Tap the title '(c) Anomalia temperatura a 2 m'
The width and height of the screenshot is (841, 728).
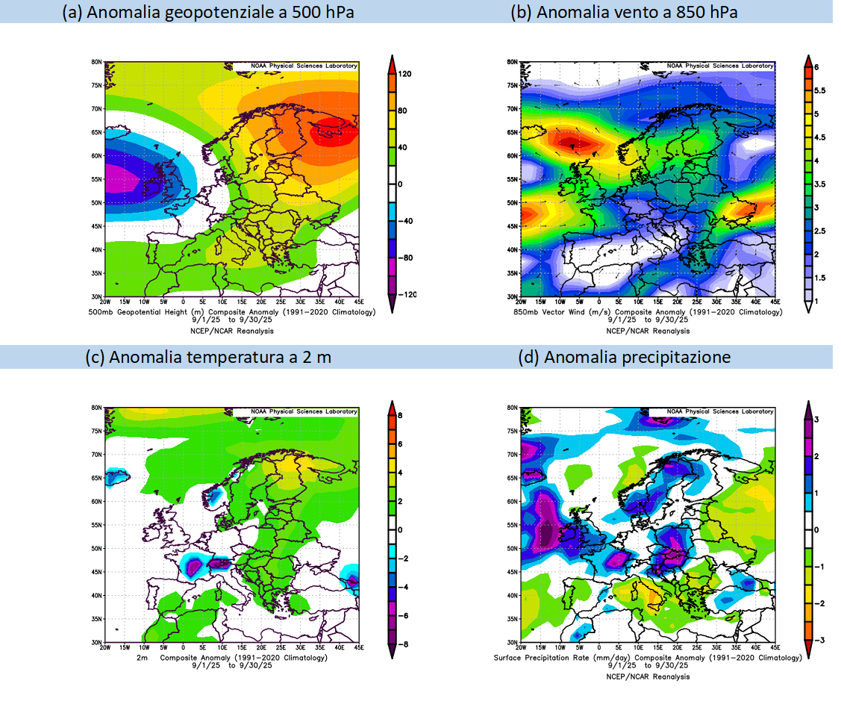208,357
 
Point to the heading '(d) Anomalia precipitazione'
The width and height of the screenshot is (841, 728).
623,357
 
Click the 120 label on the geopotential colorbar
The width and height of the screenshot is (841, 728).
407,74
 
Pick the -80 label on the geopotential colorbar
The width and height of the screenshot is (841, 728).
407,258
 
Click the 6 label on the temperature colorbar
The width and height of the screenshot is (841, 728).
400,444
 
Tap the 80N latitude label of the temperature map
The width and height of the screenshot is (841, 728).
97,408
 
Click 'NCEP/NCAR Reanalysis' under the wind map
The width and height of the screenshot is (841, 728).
648,331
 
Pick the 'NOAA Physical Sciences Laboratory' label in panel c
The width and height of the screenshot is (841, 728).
304,412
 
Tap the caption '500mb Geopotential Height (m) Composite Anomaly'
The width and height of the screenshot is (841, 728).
195,311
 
